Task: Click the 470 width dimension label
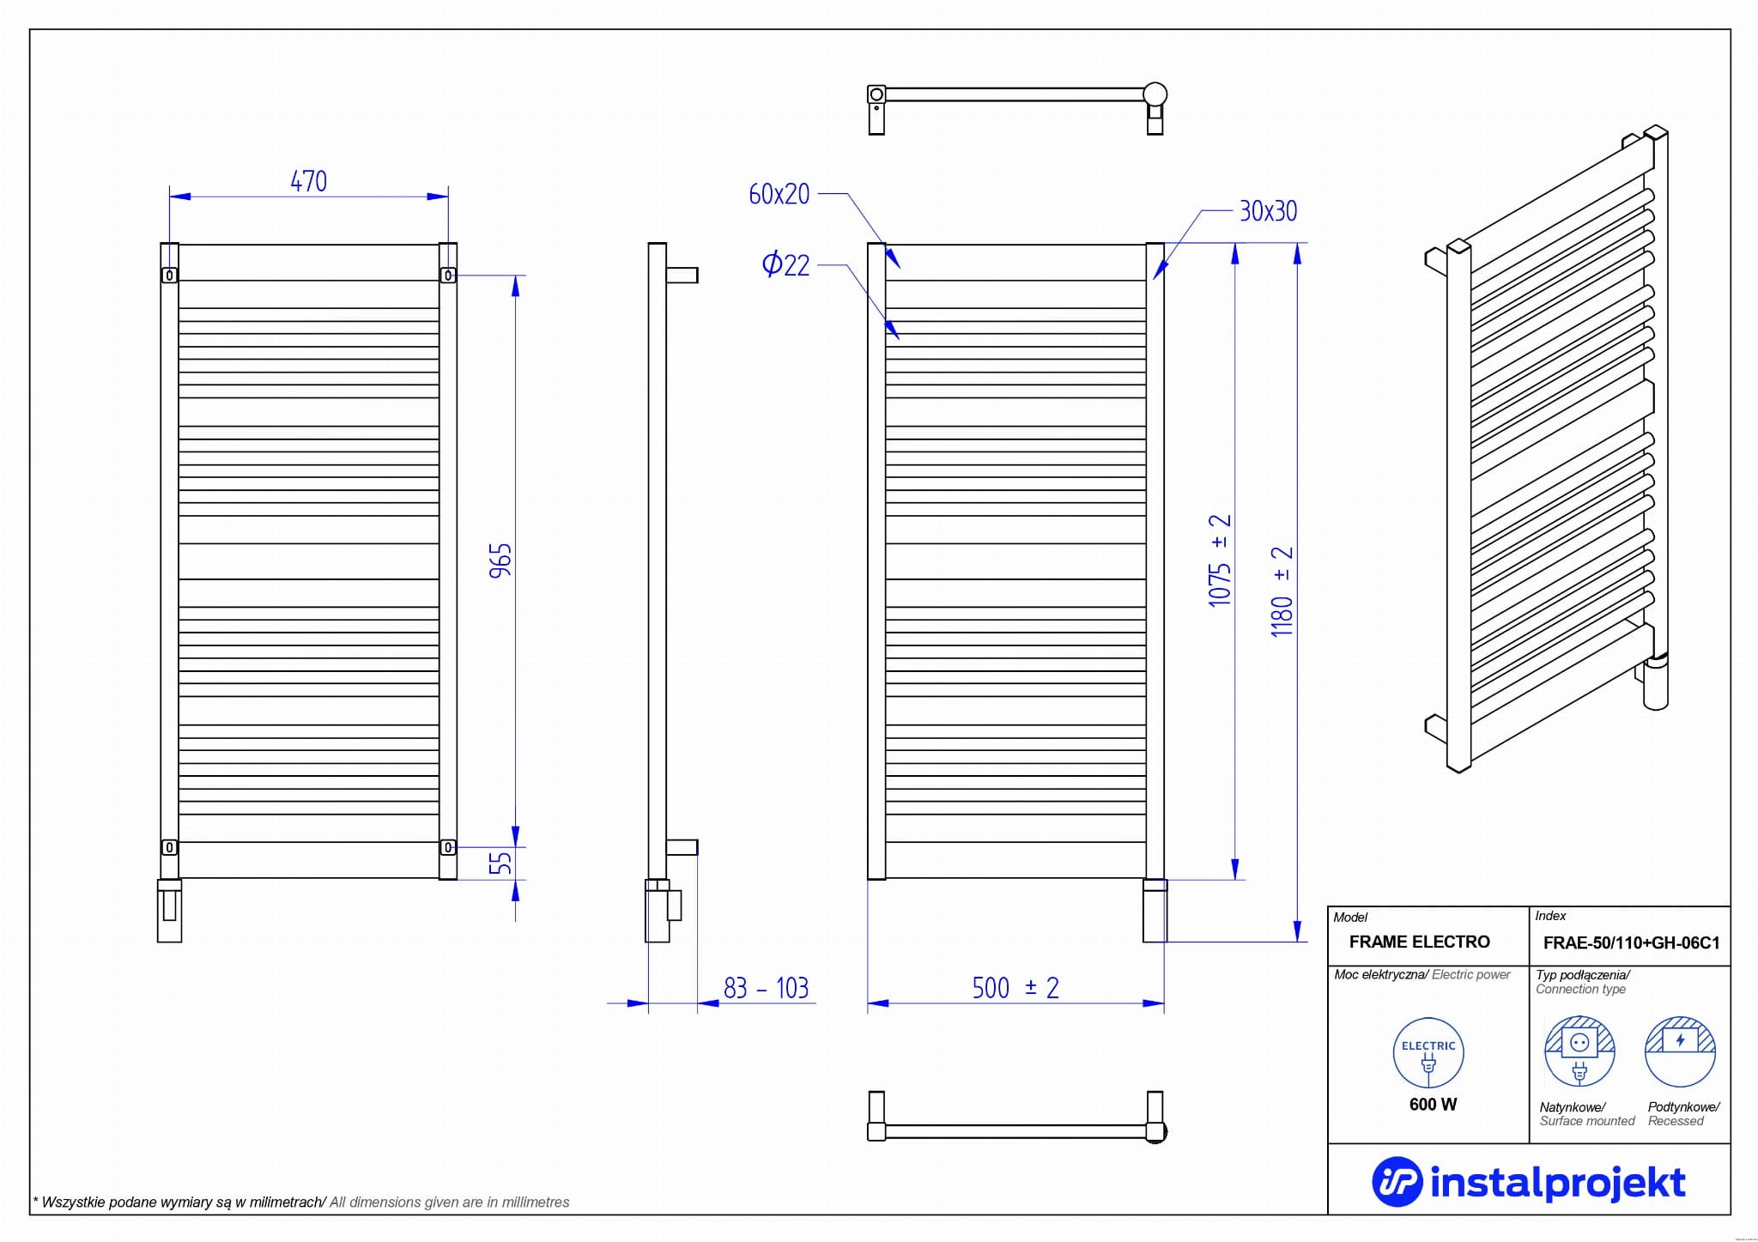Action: coord(308,181)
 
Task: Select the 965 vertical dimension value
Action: coord(500,560)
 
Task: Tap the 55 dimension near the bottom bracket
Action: coord(500,861)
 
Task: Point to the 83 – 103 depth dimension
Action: coord(766,988)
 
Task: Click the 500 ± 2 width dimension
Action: coord(1015,988)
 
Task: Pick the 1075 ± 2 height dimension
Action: coord(1220,560)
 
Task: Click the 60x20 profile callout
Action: coord(779,194)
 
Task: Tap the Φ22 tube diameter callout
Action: coord(785,264)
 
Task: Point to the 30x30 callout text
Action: coord(1268,211)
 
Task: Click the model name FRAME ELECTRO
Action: coord(1419,942)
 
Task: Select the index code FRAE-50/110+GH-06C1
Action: coord(1631,942)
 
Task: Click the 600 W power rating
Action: coord(1433,1105)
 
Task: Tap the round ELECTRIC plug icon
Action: coord(1428,1053)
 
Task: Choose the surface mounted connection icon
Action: coord(1579,1052)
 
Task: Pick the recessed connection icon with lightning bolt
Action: coord(1680,1051)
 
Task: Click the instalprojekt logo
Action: coord(1529,1182)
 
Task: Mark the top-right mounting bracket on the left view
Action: coord(448,275)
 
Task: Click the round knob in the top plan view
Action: coord(1155,94)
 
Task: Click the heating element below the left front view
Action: coord(169,912)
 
